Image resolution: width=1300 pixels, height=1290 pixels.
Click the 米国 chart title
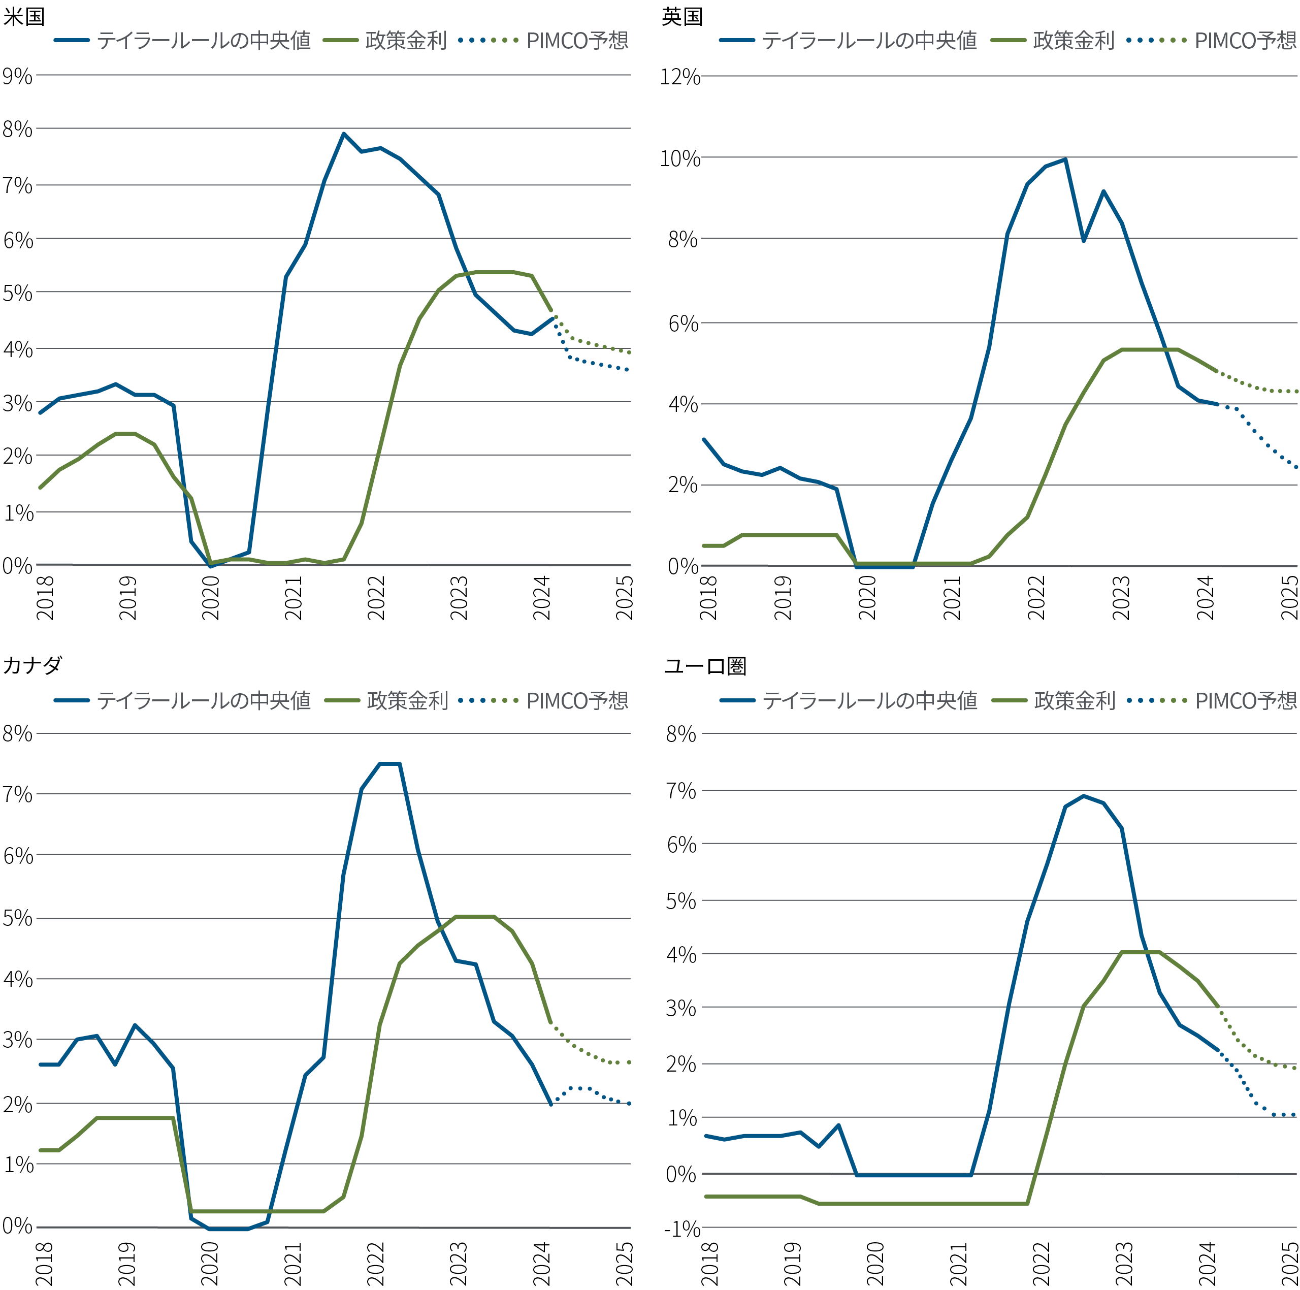(x=24, y=16)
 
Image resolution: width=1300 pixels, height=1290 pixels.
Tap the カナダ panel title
(x=32, y=665)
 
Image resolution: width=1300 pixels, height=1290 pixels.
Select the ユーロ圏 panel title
(x=705, y=666)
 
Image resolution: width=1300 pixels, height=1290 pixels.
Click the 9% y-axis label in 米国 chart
(x=17, y=76)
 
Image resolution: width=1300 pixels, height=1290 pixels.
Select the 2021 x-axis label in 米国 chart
(x=294, y=598)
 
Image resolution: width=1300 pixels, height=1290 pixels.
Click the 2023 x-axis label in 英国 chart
(x=1120, y=598)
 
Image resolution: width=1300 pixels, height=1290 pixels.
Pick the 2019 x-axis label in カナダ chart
(x=126, y=1264)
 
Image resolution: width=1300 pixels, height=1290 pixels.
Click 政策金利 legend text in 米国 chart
(x=406, y=40)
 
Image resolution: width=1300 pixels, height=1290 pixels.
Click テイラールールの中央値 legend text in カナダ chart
(x=204, y=700)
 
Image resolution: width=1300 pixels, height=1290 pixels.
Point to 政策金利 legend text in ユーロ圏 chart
(x=1075, y=700)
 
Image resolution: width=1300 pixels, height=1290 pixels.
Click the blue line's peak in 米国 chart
(x=343, y=134)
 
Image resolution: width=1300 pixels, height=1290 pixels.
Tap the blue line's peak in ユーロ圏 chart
(x=1083, y=796)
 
